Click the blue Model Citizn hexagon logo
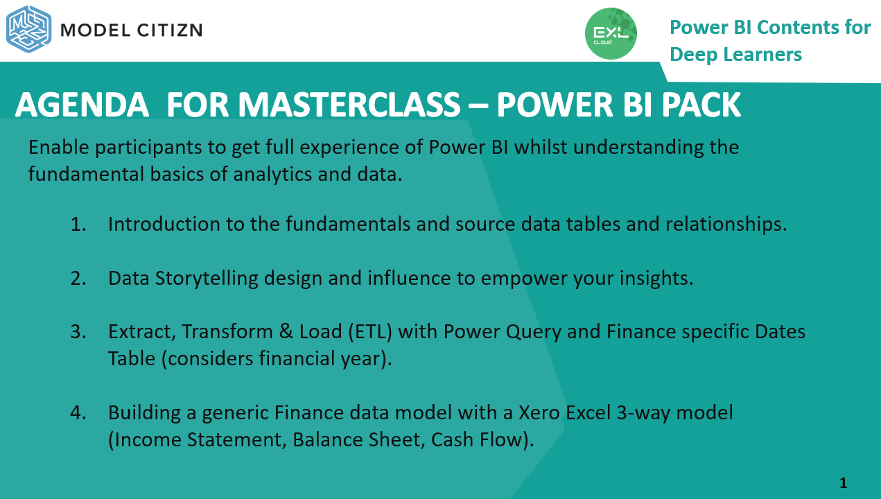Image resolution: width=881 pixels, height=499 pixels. [28, 28]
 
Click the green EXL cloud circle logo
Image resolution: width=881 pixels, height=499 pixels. [611, 33]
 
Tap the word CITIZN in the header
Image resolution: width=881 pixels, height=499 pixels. [170, 30]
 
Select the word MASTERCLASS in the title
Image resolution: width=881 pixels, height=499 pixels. [349, 105]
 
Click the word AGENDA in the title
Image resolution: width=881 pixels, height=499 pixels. [82, 105]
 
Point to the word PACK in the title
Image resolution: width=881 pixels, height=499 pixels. [701, 105]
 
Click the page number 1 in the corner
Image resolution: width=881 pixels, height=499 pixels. [844, 482]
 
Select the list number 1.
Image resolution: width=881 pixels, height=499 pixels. [78, 224]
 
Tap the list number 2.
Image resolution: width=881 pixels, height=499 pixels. [78, 279]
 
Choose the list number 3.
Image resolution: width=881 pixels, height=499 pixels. [78, 332]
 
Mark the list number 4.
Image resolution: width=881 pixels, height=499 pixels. [78, 413]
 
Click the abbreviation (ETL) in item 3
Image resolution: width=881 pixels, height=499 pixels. [370, 332]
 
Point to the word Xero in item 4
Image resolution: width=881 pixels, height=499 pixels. [539, 413]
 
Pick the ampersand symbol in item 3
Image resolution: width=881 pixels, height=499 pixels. [286, 332]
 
